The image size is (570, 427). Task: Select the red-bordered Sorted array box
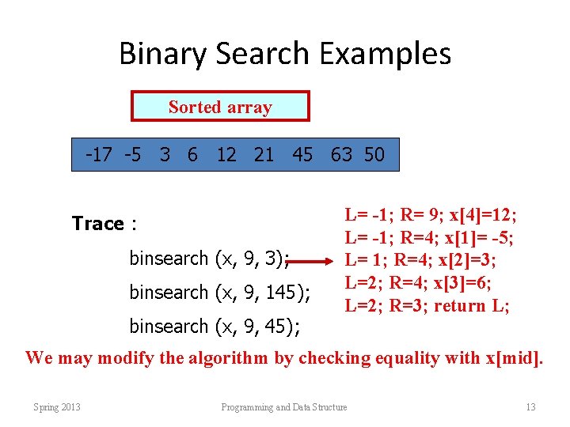coord(220,107)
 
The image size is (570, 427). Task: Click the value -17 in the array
coord(100,155)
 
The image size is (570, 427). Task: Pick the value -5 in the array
coord(133,155)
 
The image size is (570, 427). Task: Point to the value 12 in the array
coord(226,155)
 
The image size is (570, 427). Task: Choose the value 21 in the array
coord(264,155)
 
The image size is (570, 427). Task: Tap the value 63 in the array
coord(341,155)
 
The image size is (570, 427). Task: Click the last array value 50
coord(374,155)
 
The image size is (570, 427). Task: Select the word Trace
coord(97,224)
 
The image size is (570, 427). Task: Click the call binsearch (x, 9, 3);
coord(209,258)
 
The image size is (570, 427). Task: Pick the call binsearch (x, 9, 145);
coord(219,293)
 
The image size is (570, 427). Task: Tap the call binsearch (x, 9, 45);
coord(215,326)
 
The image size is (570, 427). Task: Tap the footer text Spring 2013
coord(57,407)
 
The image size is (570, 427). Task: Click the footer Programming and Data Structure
coord(283,407)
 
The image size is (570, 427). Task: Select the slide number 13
coord(530,407)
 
